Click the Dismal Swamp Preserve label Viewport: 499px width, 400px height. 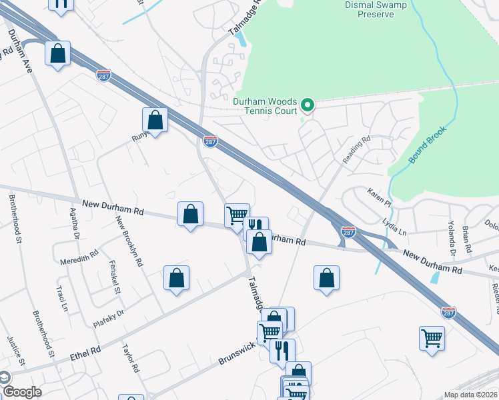360,9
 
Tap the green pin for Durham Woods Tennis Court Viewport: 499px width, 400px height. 308,105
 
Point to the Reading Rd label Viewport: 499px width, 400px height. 356,150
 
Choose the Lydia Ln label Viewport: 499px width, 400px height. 393,225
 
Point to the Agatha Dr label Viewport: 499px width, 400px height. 75,223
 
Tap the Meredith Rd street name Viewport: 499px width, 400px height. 79,254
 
